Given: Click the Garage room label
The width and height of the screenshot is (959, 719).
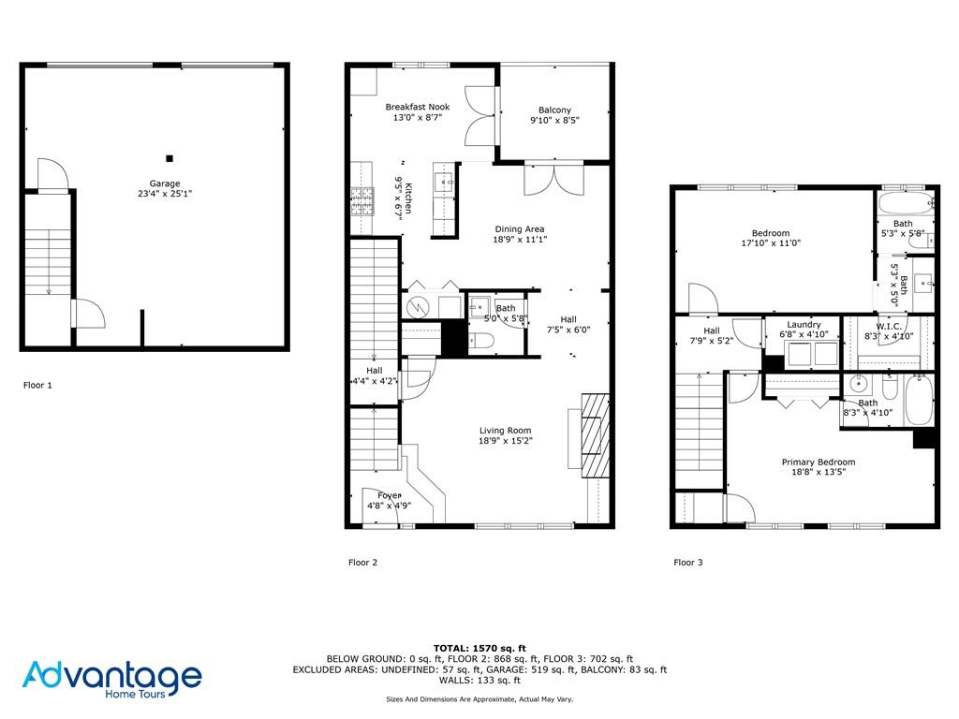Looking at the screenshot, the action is (165, 183).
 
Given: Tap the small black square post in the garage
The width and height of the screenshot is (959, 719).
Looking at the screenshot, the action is (170, 158).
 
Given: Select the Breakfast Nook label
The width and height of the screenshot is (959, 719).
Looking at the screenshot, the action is (418, 107).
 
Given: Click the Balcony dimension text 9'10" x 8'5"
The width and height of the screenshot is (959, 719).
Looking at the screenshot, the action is (554, 121).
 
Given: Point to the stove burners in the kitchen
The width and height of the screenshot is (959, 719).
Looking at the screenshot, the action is (361, 202).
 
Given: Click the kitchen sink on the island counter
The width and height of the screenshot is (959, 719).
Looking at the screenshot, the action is (443, 183).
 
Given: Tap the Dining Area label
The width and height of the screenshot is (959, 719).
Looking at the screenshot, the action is (520, 229).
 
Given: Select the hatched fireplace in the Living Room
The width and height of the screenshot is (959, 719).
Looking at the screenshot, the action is (595, 435).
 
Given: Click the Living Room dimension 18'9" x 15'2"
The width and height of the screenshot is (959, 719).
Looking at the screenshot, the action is (505, 440).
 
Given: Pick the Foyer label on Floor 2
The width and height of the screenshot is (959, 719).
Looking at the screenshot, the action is (390, 496).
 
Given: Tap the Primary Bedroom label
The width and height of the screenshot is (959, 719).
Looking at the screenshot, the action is (819, 462).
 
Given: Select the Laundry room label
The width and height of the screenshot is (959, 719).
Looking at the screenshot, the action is (804, 325).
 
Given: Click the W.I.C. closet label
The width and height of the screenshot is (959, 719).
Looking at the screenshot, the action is (889, 327).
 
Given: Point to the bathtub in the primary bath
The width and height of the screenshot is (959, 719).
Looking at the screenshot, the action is (919, 400).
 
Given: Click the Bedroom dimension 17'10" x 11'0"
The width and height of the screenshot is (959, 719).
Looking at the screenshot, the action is (771, 242).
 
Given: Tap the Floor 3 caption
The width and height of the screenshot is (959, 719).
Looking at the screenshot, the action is (688, 563).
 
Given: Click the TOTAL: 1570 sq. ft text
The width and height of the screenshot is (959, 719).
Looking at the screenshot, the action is (479, 648).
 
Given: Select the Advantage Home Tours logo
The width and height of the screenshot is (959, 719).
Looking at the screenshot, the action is (112, 680).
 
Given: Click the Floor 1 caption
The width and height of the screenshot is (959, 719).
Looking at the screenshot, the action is (37, 385).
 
